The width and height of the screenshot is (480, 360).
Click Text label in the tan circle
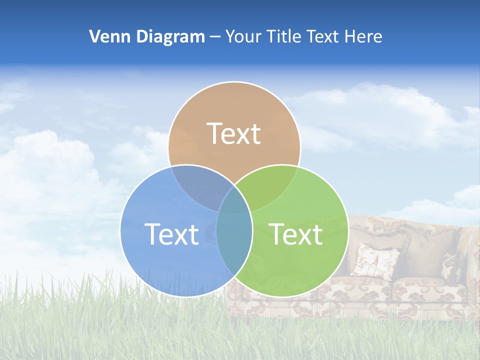234,133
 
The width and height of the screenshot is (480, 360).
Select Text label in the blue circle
171,233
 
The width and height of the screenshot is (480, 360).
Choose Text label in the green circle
296,233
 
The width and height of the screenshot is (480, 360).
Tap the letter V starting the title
94,36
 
